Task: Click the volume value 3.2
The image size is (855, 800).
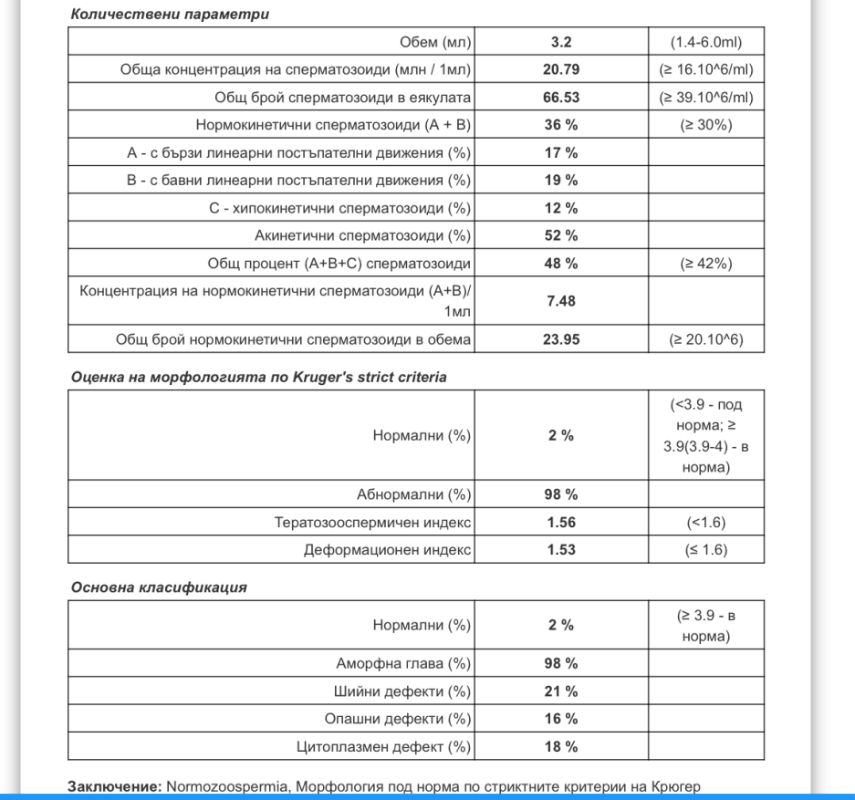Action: point(561,42)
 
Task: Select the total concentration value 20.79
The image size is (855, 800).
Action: point(561,69)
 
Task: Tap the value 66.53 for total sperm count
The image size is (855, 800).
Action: point(561,98)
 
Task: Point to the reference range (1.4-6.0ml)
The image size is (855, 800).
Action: point(705,42)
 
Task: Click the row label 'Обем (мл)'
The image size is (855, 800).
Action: point(435,42)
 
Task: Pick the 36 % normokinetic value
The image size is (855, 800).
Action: point(561,125)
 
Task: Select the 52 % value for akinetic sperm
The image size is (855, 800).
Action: point(561,235)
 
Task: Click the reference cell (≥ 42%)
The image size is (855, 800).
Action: point(705,264)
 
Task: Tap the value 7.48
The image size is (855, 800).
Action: point(561,301)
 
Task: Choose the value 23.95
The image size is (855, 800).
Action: point(561,339)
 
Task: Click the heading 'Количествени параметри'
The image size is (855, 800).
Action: point(170,15)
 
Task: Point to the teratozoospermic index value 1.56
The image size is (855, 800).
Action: point(561,523)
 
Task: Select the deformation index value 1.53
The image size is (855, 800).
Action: point(561,550)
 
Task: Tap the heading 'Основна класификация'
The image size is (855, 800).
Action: point(160,587)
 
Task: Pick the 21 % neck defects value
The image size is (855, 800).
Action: point(561,691)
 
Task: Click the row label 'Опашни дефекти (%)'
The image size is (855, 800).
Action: point(398,719)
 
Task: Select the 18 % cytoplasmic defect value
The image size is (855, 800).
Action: point(561,747)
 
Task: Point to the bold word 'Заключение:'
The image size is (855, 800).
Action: point(115,786)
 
